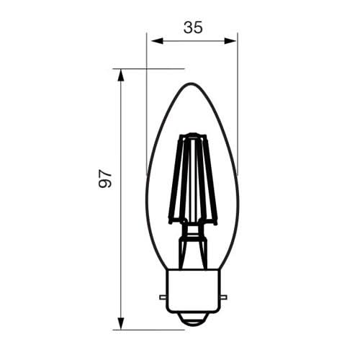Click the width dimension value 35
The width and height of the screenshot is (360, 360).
(x=193, y=27)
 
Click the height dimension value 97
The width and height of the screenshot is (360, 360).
(x=105, y=179)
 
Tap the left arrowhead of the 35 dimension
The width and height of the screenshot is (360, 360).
(x=157, y=41)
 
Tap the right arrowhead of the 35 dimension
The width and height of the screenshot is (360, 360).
(x=230, y=41)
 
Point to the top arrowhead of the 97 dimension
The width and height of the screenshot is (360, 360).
(x=121, y=76)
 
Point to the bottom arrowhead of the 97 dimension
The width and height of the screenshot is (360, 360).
(x=121, y=323)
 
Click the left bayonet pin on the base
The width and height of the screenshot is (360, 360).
(x=163, y=297)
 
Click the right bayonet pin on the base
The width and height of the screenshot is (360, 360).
(x=222, y=297)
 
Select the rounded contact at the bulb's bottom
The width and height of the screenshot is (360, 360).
(x=193, y=320)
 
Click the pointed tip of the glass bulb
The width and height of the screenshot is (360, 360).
(x=192, y=84)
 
